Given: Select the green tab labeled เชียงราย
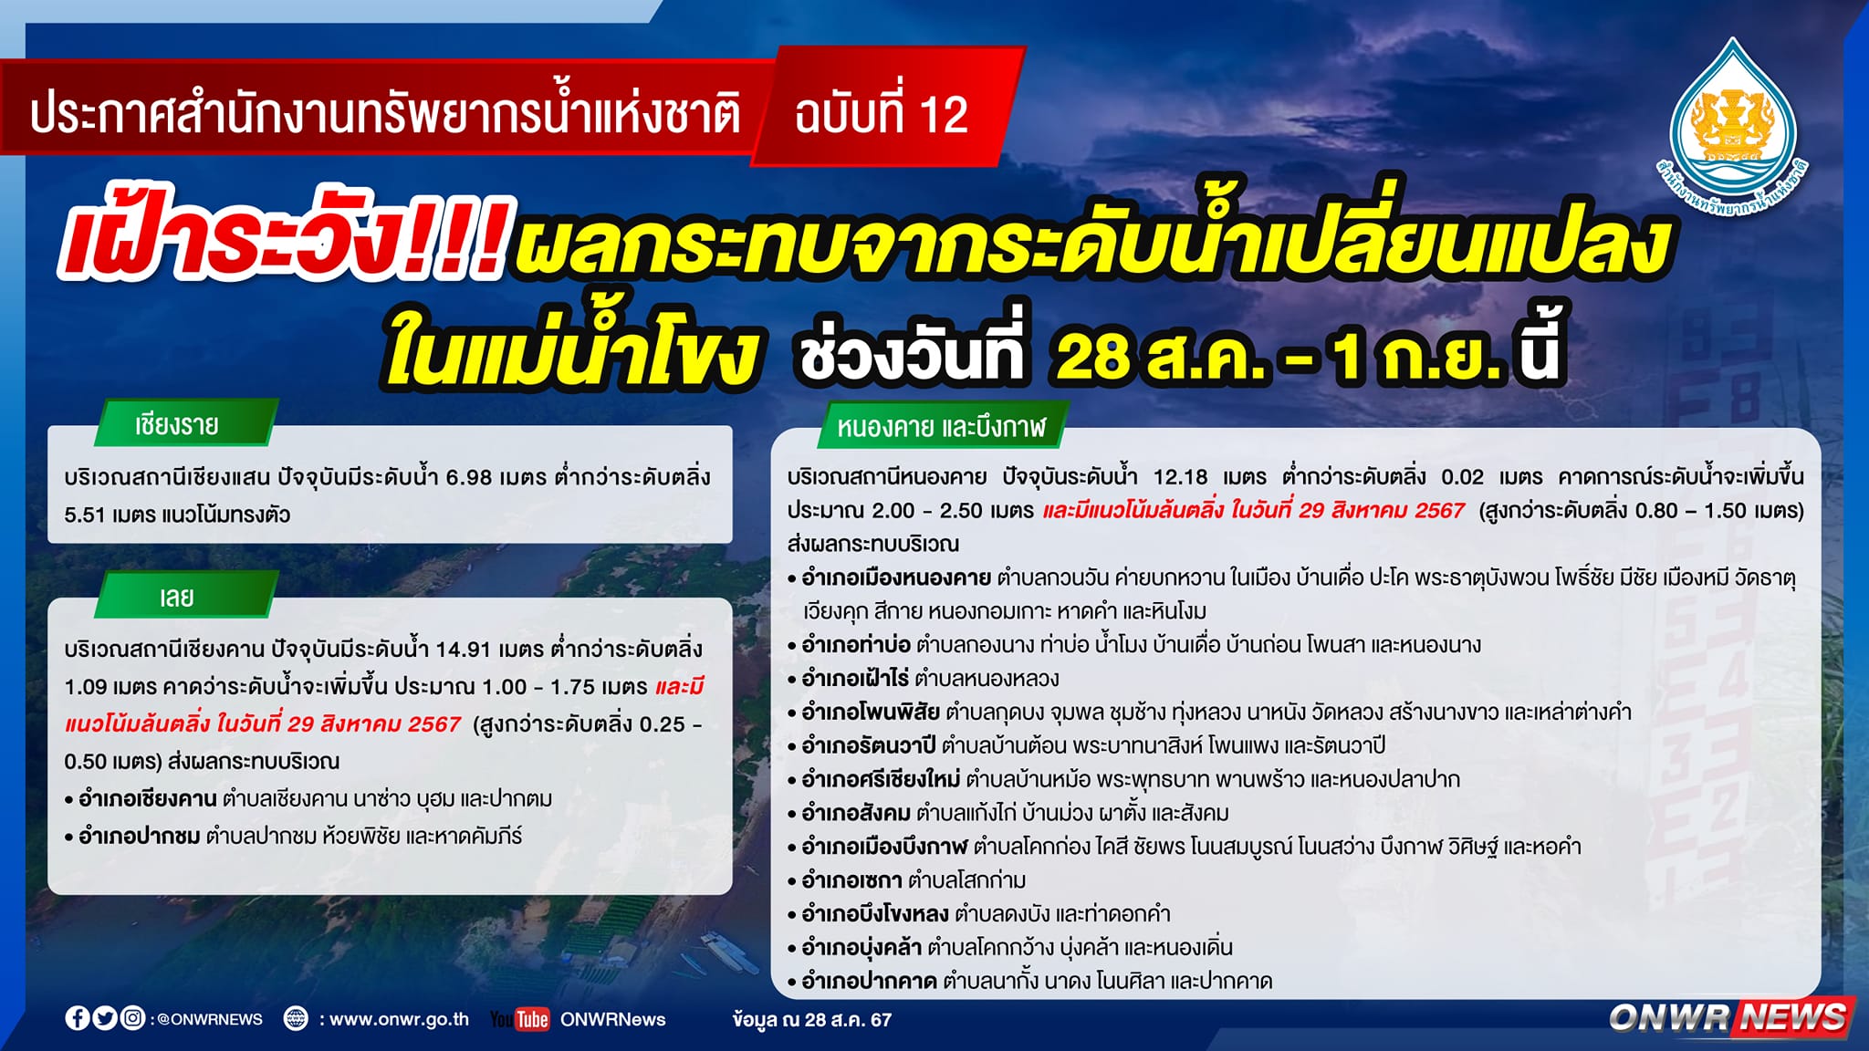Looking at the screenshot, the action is [183, 423].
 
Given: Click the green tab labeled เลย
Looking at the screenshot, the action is [183, 596].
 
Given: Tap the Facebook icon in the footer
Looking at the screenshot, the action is [78, 1018].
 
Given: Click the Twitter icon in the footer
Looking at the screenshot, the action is [105, 1018].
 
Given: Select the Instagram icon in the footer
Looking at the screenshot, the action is [132, 1018].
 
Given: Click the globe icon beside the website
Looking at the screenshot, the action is [296, 1018].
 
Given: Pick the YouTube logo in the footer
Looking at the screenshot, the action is [520, 1019].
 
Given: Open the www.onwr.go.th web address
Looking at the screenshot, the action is [399, 1019].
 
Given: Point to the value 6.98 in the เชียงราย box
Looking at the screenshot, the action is [469, 477].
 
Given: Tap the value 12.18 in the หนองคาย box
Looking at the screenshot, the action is [1180, 476].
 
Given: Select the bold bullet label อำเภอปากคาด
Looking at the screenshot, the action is [869, 982].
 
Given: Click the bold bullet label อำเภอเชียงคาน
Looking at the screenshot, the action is [148, 799].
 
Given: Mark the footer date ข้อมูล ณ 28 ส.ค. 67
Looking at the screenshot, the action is [811, 1019].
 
